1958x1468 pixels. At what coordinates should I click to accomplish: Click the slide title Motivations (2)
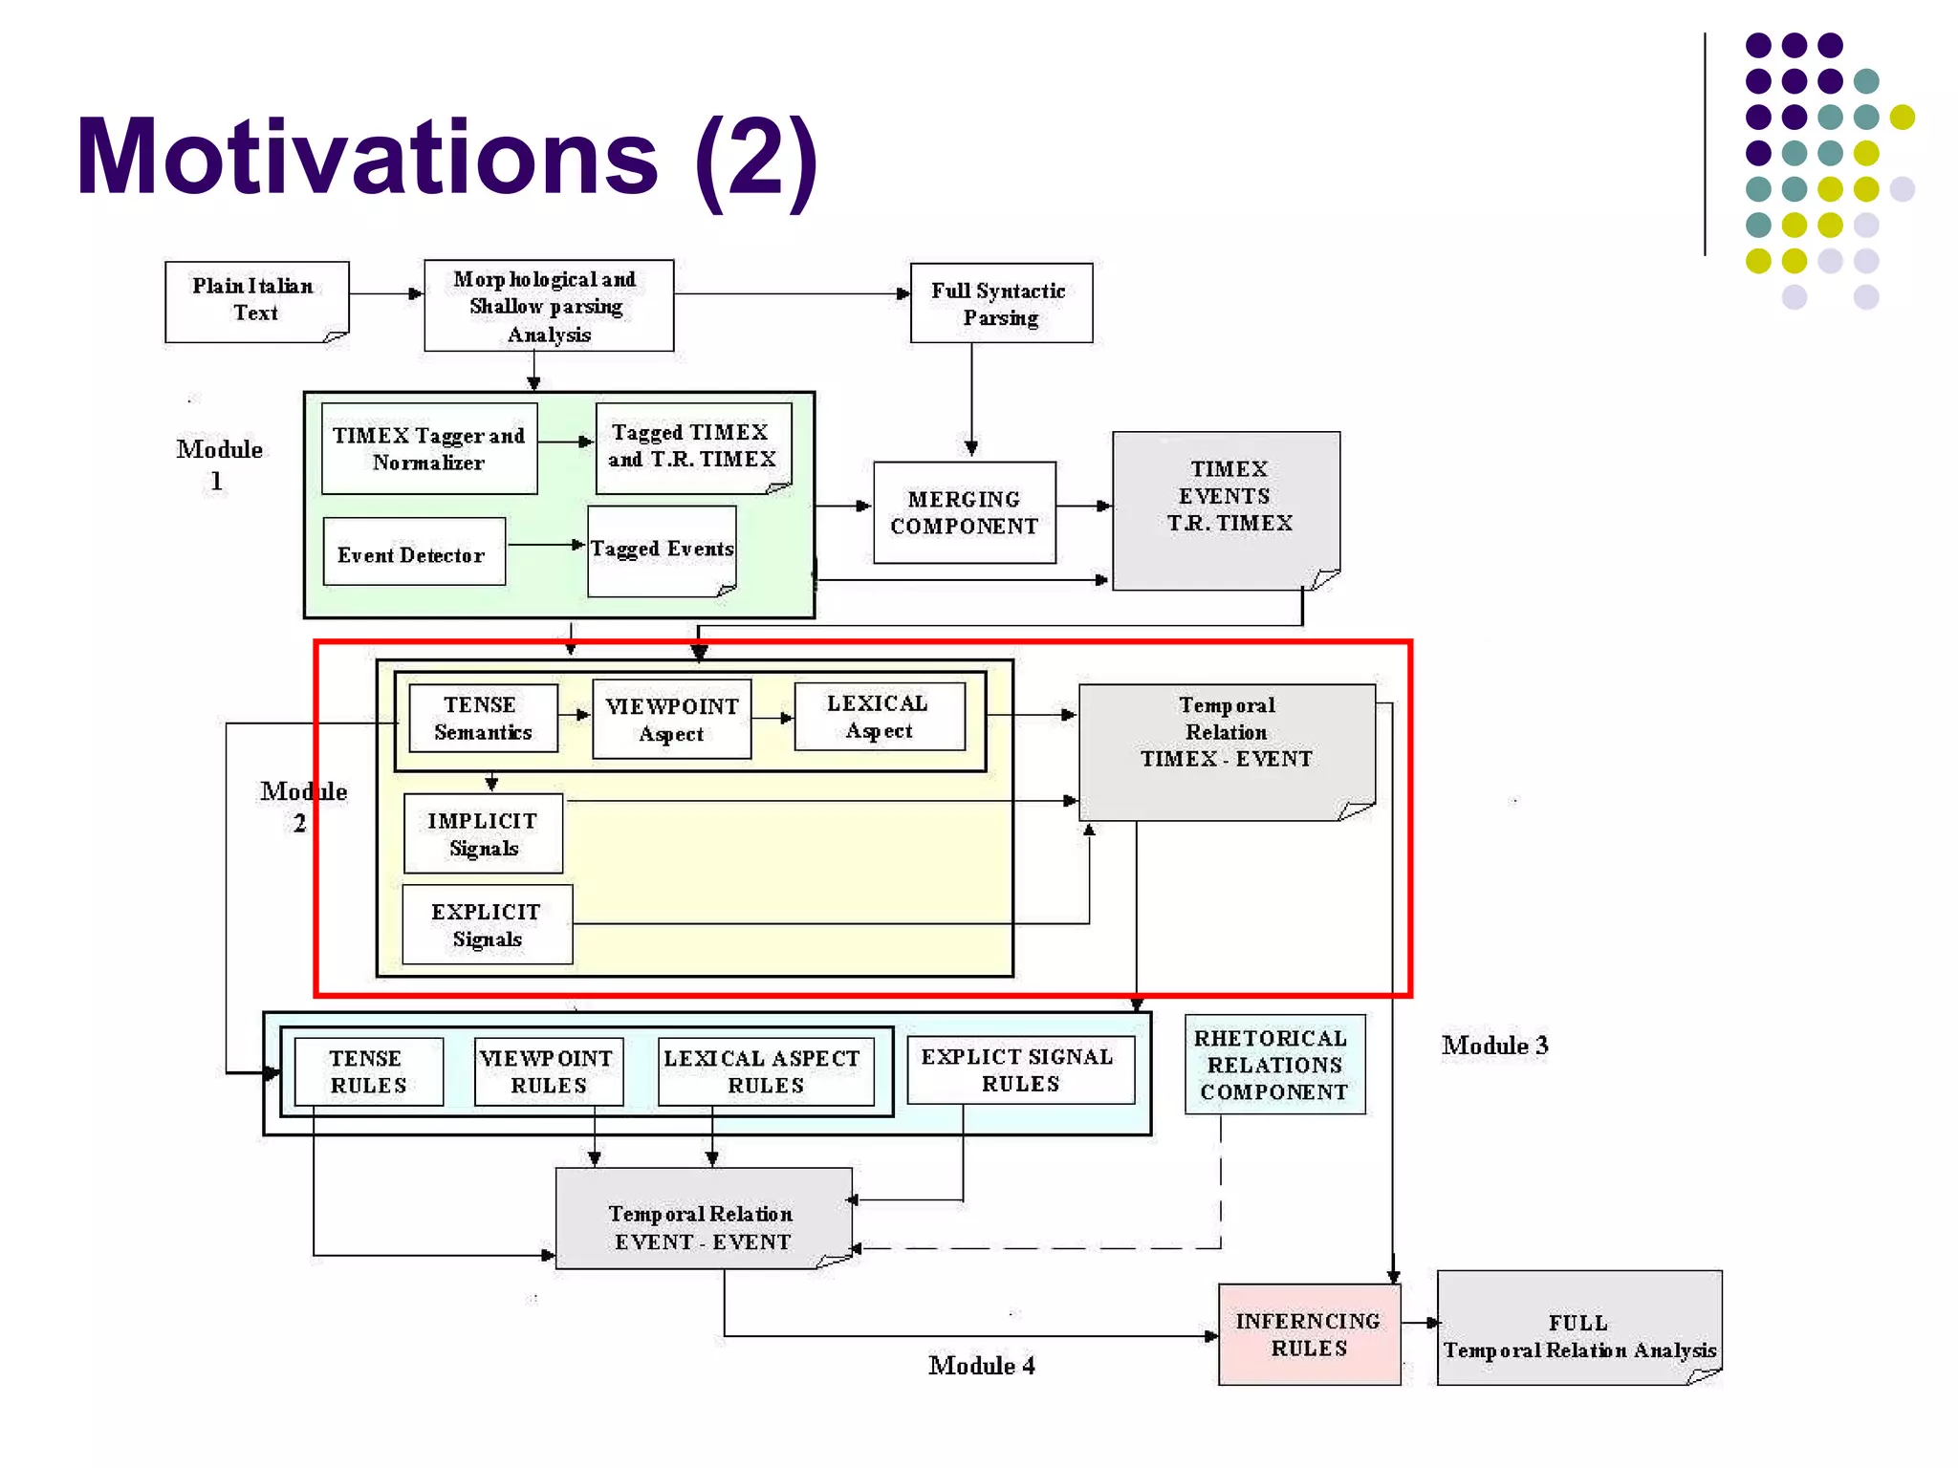click(446, 158)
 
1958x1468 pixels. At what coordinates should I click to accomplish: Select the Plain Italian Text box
click(256, 301)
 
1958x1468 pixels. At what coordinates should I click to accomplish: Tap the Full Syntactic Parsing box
click(1000, 303)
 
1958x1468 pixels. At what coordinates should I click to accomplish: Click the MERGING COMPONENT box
click(964, 512)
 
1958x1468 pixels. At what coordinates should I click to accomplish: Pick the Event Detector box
click(413, 552)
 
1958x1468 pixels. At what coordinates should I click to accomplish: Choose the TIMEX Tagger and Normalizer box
click(429, 448)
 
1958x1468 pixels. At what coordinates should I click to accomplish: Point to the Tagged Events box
click(662, 550)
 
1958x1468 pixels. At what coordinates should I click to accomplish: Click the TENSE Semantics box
click(482, 718)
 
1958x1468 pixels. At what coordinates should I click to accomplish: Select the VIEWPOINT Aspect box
click(671, 719)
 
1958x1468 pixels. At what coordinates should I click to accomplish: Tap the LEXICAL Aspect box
click(879, 717)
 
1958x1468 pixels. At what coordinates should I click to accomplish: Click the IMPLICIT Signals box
click(483, 833)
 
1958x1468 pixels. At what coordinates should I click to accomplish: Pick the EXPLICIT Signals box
click(487, 924)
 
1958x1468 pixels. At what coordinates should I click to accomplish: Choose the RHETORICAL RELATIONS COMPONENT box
click(1273, 1065)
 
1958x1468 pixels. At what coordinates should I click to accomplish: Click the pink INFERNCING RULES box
click(1308, 1334)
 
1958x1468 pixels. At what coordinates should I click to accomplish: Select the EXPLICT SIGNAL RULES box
click(1019, 1069)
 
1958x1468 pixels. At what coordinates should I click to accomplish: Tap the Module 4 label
click(981, 1366)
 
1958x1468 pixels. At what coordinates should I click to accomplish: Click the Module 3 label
click(1494, 1046)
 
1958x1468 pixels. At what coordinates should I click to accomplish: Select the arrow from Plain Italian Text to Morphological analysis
click(386, 293)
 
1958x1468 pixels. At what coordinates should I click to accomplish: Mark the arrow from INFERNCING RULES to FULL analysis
click(1420, 1323)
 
